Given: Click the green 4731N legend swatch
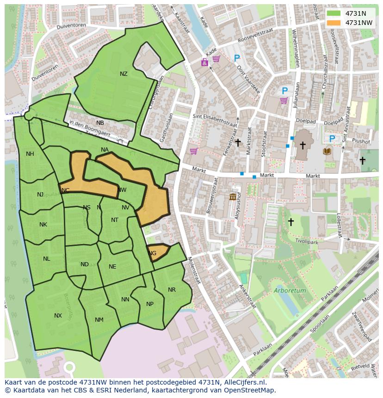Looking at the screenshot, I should coord(333,13).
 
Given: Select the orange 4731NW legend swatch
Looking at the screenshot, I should coord(333,23).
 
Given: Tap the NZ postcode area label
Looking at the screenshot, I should coord(124,74).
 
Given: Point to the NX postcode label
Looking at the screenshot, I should coord(58,316).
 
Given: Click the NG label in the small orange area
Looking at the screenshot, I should coord(152,253).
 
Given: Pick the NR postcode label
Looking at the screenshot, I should coord(172,290).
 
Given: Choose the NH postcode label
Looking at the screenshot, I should coord(30,154).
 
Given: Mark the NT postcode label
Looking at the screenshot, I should coord(115,220).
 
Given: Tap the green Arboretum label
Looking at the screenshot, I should coord(290,291).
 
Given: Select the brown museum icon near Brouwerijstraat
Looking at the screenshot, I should coord(233,197).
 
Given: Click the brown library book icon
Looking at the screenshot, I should coord(327,151).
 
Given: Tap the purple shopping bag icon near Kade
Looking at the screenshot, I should coord(204,62).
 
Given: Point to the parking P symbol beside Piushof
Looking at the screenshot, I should coord(332,139).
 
